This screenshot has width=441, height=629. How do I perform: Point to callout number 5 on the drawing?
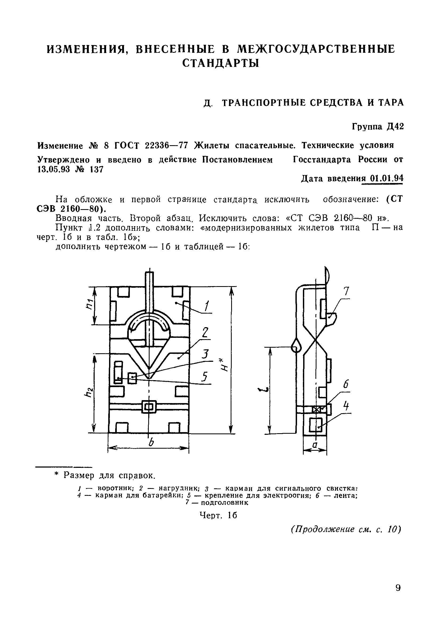coord(204,377)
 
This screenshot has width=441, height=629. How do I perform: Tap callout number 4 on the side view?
coord(346,405)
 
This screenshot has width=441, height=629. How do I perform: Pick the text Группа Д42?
coord(378,127)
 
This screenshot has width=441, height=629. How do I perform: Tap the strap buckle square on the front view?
coord(149,407)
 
